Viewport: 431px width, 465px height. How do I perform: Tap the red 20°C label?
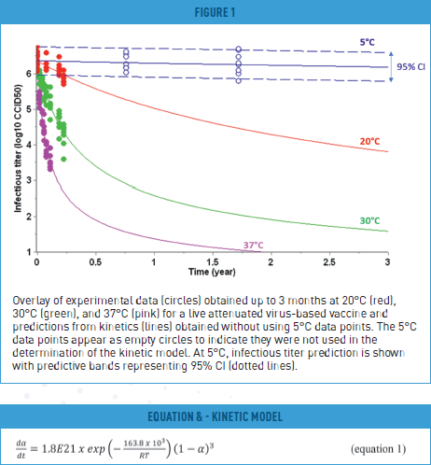coord(369,141)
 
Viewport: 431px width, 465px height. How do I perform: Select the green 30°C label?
coord(369,220)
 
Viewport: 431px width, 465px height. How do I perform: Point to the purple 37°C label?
coord(254,246)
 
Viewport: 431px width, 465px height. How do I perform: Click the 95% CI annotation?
coord(409,66)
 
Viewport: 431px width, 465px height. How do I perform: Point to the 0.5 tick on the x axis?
coord(94,262)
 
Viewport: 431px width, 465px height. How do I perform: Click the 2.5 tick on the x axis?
coord(328,262)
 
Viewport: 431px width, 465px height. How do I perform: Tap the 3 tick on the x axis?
coord(386,262)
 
